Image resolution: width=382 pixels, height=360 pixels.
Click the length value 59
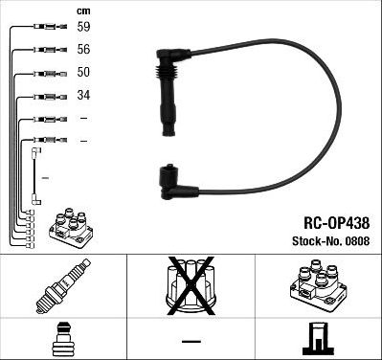tap(83, 28)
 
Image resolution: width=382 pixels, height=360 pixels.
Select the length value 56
tap(83, 51)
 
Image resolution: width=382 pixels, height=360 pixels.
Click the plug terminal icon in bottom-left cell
tap(63, 339)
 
